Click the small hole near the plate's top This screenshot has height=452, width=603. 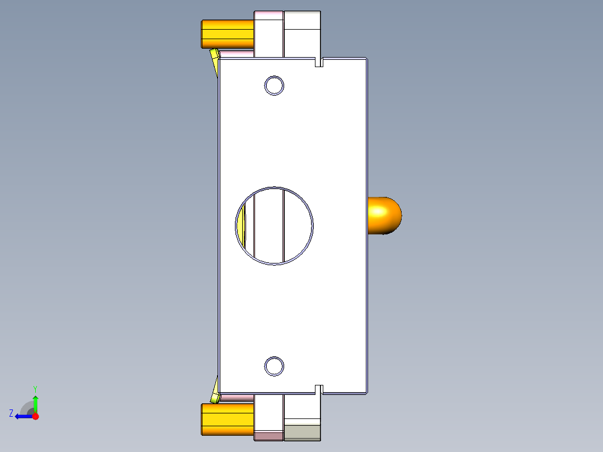pyautogui.click(x=274, y=86)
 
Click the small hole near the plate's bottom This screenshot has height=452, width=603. pyautogui.click(x=274, y=365)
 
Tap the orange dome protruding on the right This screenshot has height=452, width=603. pyautogui.click(x=384, y=215)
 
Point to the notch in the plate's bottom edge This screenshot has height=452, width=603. pyautogui.click(x=319, y=389)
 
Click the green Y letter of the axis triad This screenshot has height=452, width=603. pyautogui.click(x=35, y=388)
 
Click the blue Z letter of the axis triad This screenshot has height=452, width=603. pyautogui.click(x=11, y=413)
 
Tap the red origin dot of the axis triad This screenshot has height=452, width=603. pyautogui.click(x=35, y=416)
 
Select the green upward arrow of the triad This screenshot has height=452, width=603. pyautogui.click(x=35, y=403)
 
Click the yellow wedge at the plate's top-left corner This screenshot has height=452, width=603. pyautogui.click(x=214, y=58)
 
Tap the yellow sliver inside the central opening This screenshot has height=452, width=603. pyautogui.click(x=242, y=227)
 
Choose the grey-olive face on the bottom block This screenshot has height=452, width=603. pyautogui.click(x=302, y=432)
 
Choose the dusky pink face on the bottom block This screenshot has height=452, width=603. pyautogui.click(x=268, y=436)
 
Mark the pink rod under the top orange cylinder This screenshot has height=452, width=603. pyautogui.click(x=237, y=53)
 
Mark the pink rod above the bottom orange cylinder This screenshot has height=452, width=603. pyautogui.click(x=237, y=398)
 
